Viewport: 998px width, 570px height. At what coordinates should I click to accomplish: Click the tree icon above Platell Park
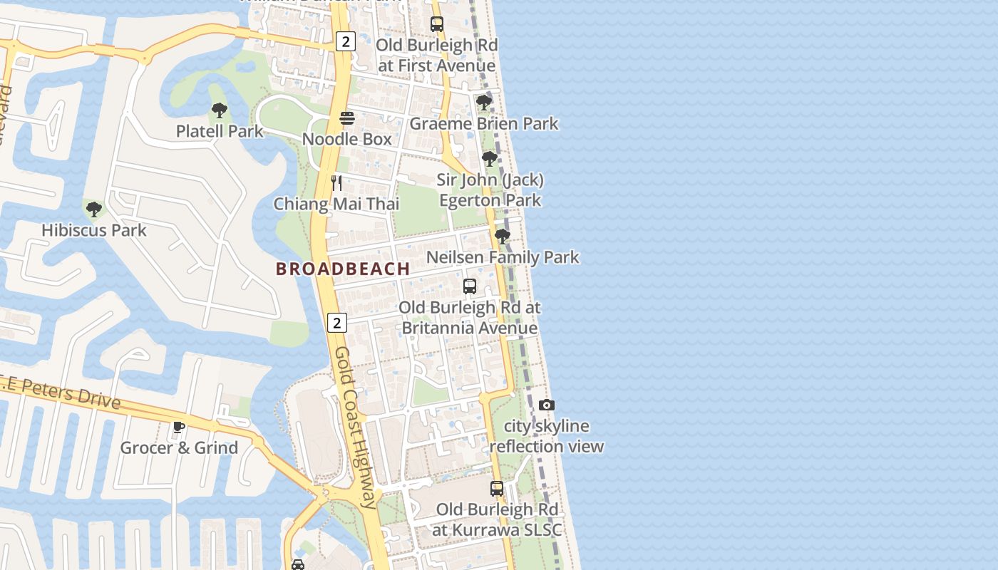[x=220, y=110]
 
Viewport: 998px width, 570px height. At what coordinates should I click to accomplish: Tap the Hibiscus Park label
[x=94, y=230]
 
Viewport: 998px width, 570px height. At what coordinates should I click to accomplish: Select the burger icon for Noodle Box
[x=347, y=118]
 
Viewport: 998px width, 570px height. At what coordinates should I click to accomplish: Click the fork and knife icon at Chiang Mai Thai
[x=336, y=183]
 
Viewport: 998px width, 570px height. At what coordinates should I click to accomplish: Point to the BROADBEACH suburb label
[x=343, y=269]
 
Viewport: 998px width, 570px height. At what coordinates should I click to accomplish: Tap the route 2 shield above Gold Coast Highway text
[x=337, y=323]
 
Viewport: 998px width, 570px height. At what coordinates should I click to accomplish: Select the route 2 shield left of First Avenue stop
[x=346, y=41]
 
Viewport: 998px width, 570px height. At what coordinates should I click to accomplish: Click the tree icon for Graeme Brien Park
[x=484, y=103]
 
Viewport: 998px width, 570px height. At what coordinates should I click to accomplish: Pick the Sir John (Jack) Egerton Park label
[x=490, y=190]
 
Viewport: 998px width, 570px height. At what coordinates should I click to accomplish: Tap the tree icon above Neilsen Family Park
[x=503, y=236]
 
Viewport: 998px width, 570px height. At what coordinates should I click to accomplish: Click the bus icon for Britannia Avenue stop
[x=470, y=286]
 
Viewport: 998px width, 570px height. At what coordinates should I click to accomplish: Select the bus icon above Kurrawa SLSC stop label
[x=497, y=489]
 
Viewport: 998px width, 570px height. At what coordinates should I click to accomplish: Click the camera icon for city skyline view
[x=547, y=405]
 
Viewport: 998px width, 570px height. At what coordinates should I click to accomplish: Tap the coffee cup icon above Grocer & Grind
[x=179, y=427]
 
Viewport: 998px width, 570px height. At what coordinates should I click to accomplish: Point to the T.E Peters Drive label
[x=61, y=392]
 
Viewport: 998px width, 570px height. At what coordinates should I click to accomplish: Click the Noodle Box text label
[x=347, y=139]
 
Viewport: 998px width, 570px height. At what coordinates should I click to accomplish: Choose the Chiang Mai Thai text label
[x=336, y=204]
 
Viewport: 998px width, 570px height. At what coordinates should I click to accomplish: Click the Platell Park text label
[x=220, y=131]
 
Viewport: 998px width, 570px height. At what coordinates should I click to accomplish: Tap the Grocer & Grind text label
[x=179, y=448]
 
